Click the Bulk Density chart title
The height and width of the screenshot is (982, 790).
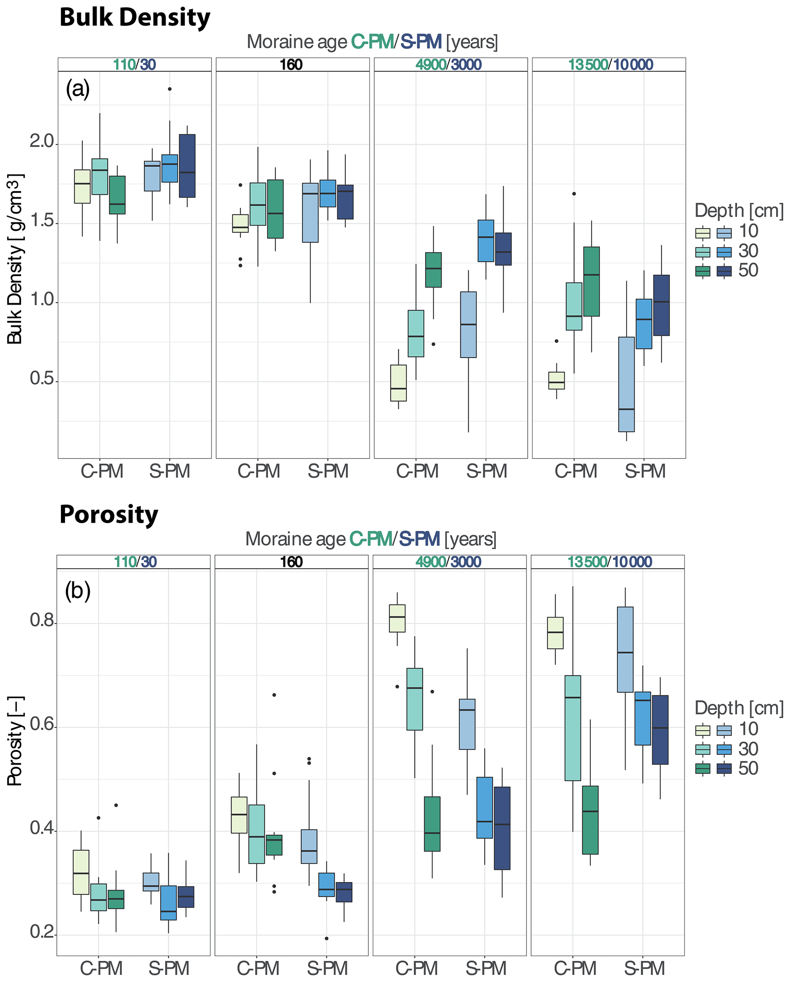pyautogui.click(x=135, y=17)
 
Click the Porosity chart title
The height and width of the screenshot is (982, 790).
pyautogui.click(x=109, y=515)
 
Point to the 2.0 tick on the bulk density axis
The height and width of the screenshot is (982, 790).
pyautogui.click(x=42, y=142)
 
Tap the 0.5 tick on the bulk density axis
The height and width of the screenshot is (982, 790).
pyautogui.click(x=42, y=379)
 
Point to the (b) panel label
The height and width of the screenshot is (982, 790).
pyautogui.click(x=78, y=591)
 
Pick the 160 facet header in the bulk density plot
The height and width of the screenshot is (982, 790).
pyautogui.click(x=291, y=65)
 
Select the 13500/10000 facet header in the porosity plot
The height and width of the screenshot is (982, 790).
pyautogui.click(x=609, y=562)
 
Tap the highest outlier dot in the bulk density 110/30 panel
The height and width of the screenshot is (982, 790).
pyautogui.click(x=170, y=89)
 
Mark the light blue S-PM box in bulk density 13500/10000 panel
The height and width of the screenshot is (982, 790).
pyautogui.click(x=626, y=384)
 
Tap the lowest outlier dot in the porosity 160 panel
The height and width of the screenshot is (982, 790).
pyautogui.click(x=326, y=938)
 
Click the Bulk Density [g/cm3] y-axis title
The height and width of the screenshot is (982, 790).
pyautogui.click(x=15, y=259)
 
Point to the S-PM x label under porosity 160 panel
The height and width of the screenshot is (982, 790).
pyautogui.click(x=328, y=968)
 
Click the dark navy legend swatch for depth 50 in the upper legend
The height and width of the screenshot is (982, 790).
pyautogui.click(x=724, y=271)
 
